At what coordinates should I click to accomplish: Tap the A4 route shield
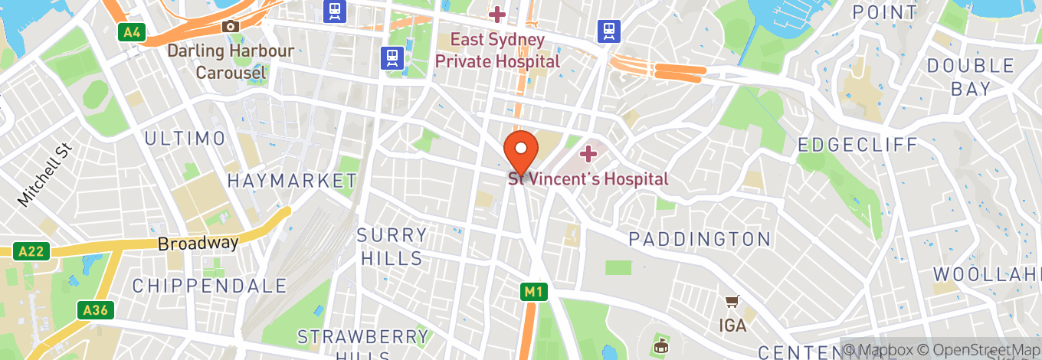click(132, 32)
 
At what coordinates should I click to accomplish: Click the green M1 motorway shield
click(533, 292)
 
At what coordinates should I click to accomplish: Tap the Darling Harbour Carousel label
click(231, 62)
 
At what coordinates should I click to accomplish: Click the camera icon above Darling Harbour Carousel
click(231, 27)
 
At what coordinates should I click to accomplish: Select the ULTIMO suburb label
click(185, 139)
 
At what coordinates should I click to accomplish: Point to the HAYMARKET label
click(292, 181)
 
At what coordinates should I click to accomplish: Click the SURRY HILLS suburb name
click(394, 247)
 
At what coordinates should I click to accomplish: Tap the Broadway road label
click(198, 244)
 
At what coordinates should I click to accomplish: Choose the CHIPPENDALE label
click(209, 286)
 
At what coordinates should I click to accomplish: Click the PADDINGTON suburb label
click(700, 239)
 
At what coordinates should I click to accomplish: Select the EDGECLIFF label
click(857, 145)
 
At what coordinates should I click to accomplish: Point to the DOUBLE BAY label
click(971, 77)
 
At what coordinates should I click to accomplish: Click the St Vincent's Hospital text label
click(588, 179)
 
